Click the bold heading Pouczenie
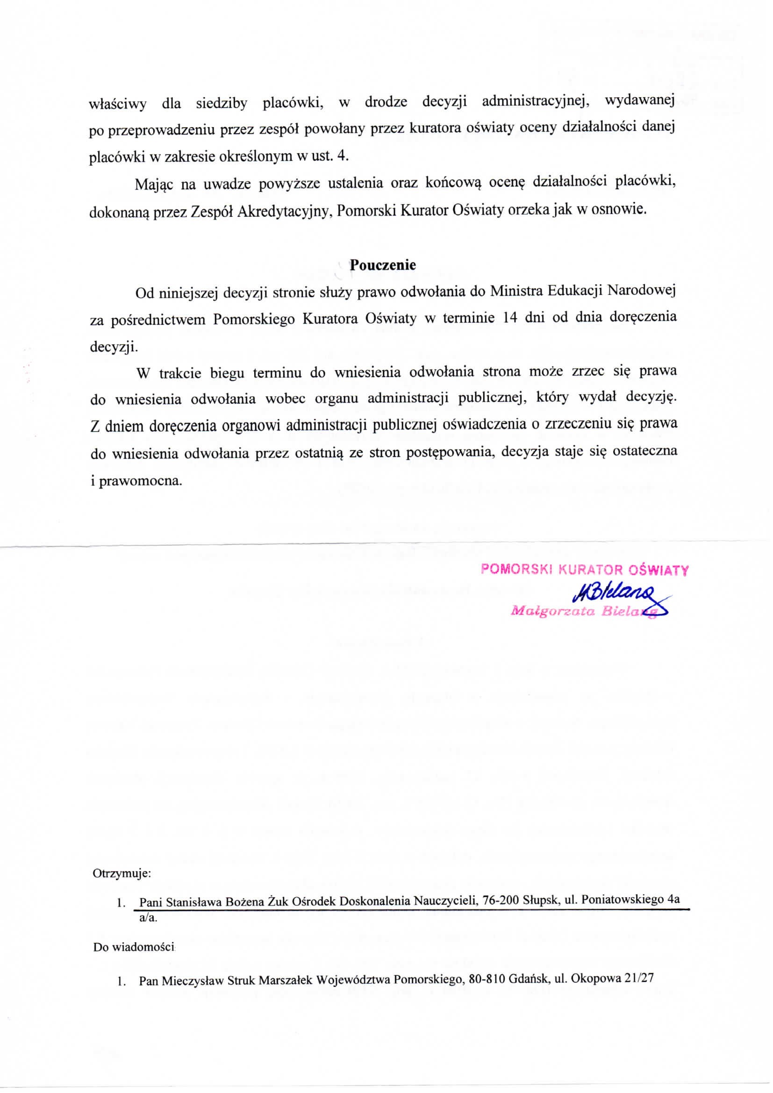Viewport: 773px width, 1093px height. click(x=382, y=265)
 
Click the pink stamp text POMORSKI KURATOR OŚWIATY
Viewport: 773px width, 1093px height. click(x=585, y=570)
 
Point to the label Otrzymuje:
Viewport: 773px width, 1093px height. click(x=122, y=874)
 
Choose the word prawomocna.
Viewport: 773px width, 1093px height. click(x=140, y=480)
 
